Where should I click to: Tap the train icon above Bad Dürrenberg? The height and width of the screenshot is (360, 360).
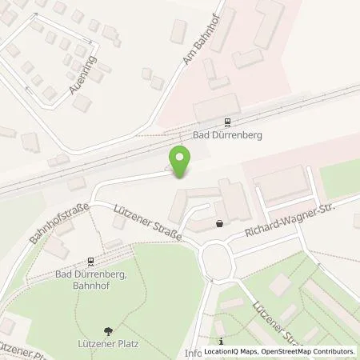click(x=228, y=122)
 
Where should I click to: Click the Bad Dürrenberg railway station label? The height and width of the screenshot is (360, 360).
click(x=228, y=135)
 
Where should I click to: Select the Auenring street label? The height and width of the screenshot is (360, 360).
click(x=83, y=75)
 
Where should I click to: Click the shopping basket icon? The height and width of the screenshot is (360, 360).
click(x=220, y=225)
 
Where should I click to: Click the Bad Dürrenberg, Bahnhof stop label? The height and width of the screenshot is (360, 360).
click(x=90, y=278)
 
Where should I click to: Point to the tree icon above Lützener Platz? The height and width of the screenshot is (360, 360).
click(x=108, y=330)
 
